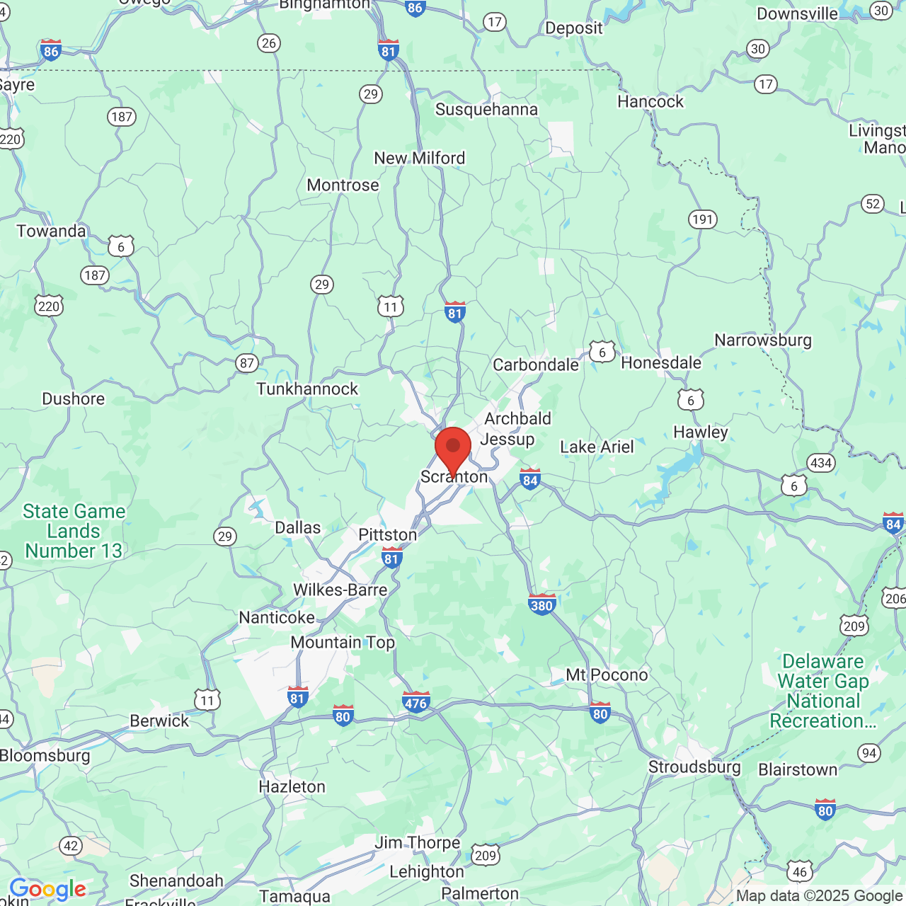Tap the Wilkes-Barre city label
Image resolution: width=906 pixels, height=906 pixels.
coord(340,590)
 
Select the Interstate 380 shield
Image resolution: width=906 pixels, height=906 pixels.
coord(541,604)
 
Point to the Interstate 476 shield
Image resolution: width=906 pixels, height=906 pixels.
coord(415,702)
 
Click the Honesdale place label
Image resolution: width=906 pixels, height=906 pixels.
coord(661,362)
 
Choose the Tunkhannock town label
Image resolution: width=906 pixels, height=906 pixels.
coord(307,389)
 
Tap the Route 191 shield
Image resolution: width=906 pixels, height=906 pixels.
coord(703,219)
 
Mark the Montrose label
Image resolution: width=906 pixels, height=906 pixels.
coord(343,185)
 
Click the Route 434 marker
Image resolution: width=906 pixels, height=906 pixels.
coord(821,463)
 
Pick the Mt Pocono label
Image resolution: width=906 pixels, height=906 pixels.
coord(607,675)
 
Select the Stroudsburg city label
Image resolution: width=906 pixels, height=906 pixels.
coord(694,767)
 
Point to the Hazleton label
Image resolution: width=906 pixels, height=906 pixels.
coord(292,786)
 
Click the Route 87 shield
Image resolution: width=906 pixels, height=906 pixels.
coord(246,363)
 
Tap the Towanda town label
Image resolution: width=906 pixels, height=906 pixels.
coord(51,231)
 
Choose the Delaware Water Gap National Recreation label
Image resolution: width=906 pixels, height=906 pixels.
coord(823,691)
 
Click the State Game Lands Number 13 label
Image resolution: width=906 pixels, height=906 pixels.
coord(74,531)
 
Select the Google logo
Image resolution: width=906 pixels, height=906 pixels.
coord(47,889)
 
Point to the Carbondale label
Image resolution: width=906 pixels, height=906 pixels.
coord(536,365)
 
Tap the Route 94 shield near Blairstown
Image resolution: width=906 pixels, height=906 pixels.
coord(869,753)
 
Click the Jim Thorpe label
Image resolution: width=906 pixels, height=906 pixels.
coord(417,842)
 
